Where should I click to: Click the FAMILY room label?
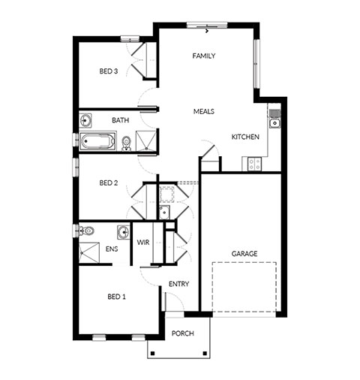tap(204, 56)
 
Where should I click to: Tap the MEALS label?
tap(204, 111)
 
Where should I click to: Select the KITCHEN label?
tap(245, 137)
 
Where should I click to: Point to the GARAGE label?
tap(244, 254)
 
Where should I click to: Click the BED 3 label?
tap(109, 71)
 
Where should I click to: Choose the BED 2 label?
tap(109, 183)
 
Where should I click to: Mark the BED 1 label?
tap(116, 297)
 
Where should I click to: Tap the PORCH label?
tap(183, 333)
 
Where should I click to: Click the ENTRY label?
tap(178, 284)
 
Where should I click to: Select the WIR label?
tap(143, 243)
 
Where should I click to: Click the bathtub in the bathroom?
tap(97, 141)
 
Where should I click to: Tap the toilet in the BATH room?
tap(126, 144)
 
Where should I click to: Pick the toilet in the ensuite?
tap(85, 231)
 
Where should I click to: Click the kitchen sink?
tap(274, 123)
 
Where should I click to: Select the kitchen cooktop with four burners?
tap(254, 164)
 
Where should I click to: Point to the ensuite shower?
tap(89, 252)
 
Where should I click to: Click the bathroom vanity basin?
tap(85, 120)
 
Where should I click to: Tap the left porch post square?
tap(153, 353)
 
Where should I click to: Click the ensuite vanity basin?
tap(124, 232)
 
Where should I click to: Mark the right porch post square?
tap(205, 353)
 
